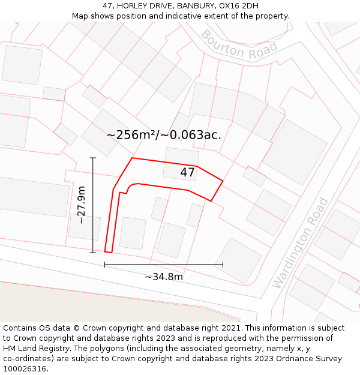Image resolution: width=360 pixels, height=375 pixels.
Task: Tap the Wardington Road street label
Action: pos(300,242)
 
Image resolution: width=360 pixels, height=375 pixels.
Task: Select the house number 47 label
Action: pos(187,173)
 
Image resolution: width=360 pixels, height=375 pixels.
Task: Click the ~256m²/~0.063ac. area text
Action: pos(164,135)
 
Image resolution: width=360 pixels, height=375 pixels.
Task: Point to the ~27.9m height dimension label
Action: pos(81,205)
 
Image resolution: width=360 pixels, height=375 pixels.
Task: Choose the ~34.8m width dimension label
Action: pos(164,277)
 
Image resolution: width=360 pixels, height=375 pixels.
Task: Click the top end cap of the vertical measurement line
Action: pos(93,158)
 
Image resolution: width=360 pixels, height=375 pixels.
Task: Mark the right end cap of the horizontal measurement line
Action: pos(223,264)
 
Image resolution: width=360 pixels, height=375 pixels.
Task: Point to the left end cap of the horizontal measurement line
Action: pos(105,264)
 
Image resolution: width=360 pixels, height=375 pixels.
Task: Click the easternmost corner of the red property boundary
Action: pos(223,181)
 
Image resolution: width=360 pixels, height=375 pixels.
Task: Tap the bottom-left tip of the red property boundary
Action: pos(105,251)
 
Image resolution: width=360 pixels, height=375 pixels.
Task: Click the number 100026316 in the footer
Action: pos(25,369)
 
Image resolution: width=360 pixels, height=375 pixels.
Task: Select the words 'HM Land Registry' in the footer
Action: pos(35,349)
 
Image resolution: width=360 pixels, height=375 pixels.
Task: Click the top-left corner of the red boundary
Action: pos(132,158)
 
